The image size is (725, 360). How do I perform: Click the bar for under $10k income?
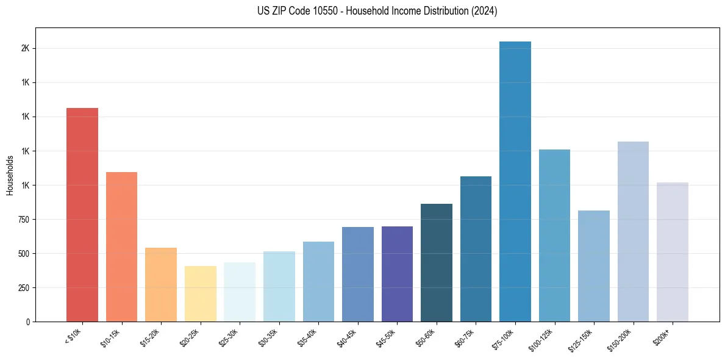point(82,215)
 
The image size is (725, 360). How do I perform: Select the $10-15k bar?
point(121,247)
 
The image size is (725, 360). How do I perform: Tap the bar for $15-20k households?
point(161,284)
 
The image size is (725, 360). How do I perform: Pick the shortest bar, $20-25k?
point(200,293)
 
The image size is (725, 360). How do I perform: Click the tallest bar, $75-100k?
point(515,181)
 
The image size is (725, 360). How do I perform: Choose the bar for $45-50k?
point(397,274)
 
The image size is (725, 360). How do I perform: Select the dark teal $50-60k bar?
point(437,262)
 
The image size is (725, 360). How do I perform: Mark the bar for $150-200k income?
point(633,231)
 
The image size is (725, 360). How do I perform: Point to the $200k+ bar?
point(673,252)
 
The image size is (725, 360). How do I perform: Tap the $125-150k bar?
point(594,266)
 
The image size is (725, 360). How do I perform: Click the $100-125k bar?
point(554,236)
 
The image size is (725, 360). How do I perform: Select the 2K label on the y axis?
point(25,48)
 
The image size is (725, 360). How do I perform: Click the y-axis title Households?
point(10,175)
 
